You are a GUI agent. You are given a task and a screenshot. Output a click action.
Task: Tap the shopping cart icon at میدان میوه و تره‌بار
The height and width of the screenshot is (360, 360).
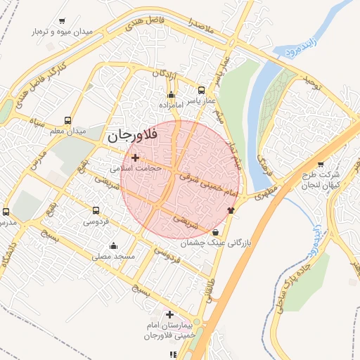[63, 21]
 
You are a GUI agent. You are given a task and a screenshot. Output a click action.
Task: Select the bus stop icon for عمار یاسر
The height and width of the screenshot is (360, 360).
[202, 91]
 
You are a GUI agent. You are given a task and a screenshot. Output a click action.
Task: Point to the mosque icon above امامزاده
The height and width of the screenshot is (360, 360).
[172, 95]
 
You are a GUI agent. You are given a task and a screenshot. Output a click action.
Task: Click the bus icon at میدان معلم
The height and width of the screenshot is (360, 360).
[67, 120]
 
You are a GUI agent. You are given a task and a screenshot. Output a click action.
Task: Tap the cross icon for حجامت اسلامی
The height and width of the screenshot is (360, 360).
[135, 158]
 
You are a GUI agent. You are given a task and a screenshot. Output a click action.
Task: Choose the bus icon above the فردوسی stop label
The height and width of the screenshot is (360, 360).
[97, 210]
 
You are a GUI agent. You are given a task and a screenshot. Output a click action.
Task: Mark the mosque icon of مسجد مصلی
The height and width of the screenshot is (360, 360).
[114, 245]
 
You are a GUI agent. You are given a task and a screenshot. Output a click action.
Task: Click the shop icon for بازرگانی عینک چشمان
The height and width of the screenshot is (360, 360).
[215, 231]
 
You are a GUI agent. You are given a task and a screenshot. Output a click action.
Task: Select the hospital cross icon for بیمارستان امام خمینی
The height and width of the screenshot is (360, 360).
[169, 314]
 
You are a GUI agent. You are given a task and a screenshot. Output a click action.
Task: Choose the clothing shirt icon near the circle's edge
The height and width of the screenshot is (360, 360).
[231, 210]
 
